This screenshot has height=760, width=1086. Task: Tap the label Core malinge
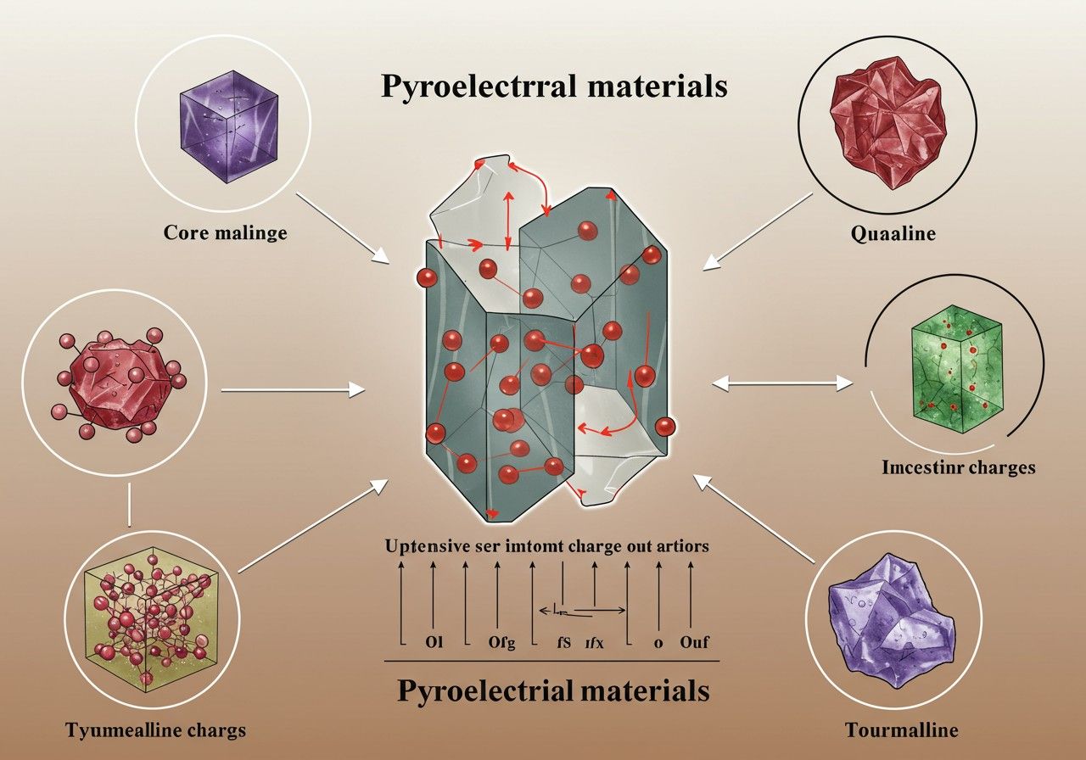pyautogui.click(x=225, y=231)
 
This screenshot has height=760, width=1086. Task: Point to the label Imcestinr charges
pyautogui.click(x=959, y=467)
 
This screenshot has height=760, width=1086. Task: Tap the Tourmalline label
pyautogui.click(x=902, y=729)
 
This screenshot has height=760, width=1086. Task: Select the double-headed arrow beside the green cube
pyautogui.click(x=781, y=384)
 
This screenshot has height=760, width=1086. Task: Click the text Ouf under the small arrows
pyautogui.click(x=694, y=642)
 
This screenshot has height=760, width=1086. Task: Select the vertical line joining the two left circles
pyautogui.click(x=128, y=506)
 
